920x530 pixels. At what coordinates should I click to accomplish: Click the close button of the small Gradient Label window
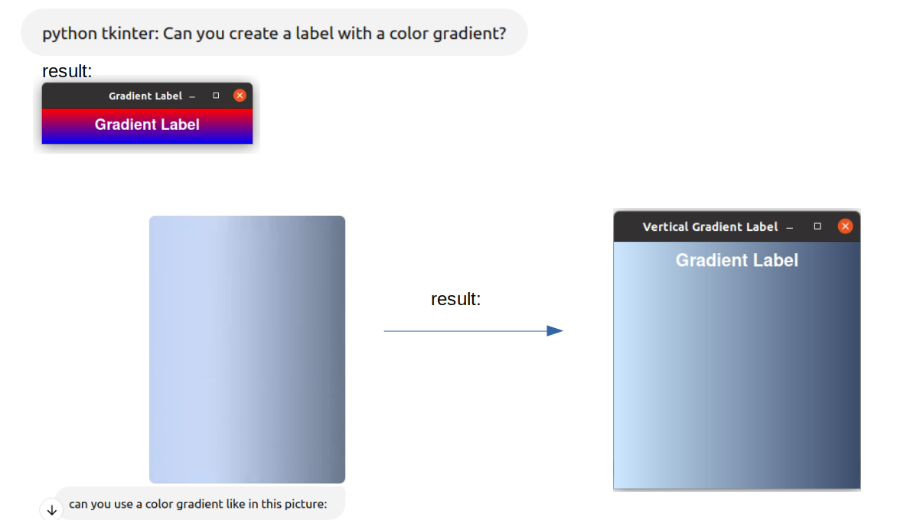click(240, 96)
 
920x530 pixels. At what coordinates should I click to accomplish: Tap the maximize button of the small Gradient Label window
click(216, 96)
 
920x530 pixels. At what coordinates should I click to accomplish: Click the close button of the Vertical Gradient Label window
click(845, 226)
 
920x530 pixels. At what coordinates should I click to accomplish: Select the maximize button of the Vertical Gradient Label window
click(817, 226)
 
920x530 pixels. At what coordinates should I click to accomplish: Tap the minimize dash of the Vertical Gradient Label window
click(789, 228)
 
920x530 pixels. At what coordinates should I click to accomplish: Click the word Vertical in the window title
click(665, 226)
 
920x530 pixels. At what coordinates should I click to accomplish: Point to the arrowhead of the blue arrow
click(555, 331)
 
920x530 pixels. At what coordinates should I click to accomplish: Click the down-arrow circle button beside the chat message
click(52, 510)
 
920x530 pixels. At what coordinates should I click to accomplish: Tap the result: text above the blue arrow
click(456, 299)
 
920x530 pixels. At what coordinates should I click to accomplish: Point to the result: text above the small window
click(67, 71)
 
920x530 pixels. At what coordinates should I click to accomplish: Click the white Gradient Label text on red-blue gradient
click(147, 125)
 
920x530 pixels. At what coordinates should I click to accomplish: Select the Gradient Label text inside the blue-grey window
click(737, 260)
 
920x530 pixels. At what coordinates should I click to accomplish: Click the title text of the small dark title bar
click(145, 96)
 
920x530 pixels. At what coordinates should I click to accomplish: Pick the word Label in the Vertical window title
click(762, 226)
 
